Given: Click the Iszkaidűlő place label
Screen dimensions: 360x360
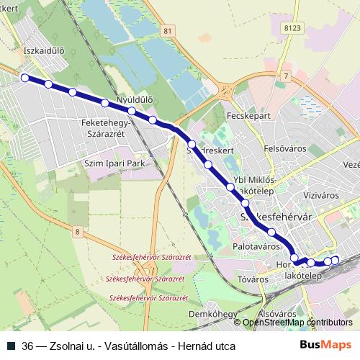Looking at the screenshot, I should [45, 52].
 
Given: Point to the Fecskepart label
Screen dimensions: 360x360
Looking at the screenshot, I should [248, 115].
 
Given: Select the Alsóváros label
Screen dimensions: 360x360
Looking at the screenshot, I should [276, 314].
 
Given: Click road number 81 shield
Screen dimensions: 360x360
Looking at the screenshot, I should [168, 30].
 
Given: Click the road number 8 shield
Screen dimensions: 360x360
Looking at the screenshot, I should [77, 231].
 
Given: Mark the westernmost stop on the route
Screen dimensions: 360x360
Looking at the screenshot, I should [24, 78].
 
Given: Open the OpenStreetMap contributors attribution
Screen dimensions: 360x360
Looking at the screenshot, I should [297, 323].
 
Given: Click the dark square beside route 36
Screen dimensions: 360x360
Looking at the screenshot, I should [11, 346].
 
